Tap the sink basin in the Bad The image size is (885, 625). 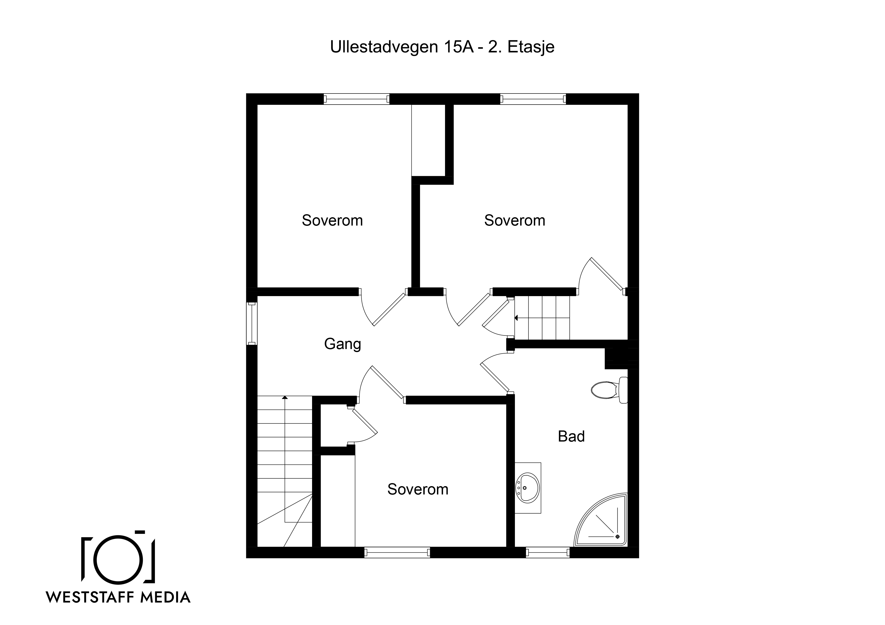(x=528, y=487)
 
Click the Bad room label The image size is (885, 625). (x=571, y=436)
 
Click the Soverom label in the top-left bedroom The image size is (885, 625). (x=332, y=220)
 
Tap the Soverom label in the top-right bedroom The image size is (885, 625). (x=515, y=220)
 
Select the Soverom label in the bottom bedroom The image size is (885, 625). (x=418, y=489)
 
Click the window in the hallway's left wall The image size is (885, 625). (x=252, y=324)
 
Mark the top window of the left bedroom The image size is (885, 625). (x=356, y=99)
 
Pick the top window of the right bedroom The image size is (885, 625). (x=533, y=99)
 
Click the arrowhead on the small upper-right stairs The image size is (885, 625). (x=516, y=318)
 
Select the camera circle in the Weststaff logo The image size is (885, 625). (x=118, y=558)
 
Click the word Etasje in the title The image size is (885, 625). (x=531, y=47)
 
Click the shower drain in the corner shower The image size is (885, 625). (x=618, y=536)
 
